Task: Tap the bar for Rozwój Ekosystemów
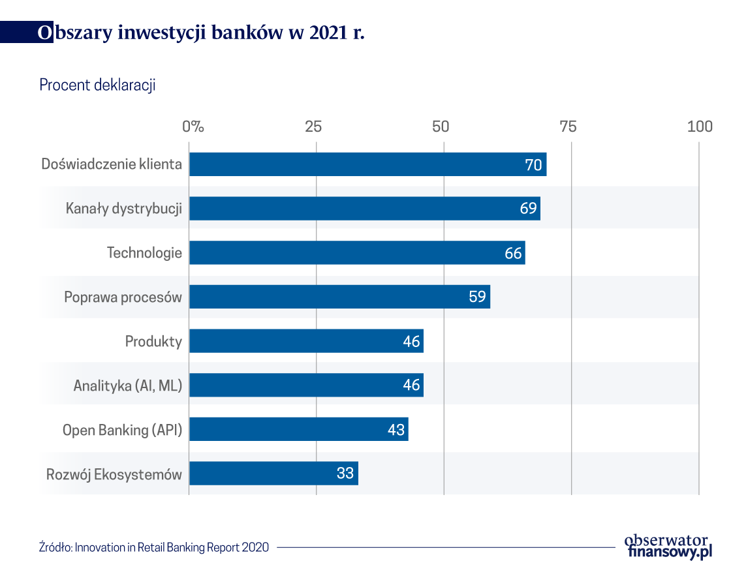pyautogui.click(x=273, y=474)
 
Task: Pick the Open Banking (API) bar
pyautogui.click(x=298, y=430)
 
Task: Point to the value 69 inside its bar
pyautogui.click(x=529, y=209)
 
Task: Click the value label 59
pyautogui.click(x=478, y=297)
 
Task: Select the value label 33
pyautogui.click(x=345, y=474)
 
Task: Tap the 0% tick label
pyautogui.click(x=193, y=127)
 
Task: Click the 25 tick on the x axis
pyautogui.click(x=314, y=127)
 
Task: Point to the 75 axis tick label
pyautogui.click(x=568, y=127)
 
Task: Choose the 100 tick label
pyautogui.click(x=700, y=127)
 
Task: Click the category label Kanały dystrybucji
pyautogui.click(x=123, y=209)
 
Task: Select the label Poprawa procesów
pyautogui.click(x=123, y=297)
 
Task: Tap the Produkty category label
pyautogui.click(x=153, y=341)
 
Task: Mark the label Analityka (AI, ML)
pyautogui.click(x=127, y=385)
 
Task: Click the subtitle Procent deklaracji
pyautogui.click(x=97, y=85)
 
